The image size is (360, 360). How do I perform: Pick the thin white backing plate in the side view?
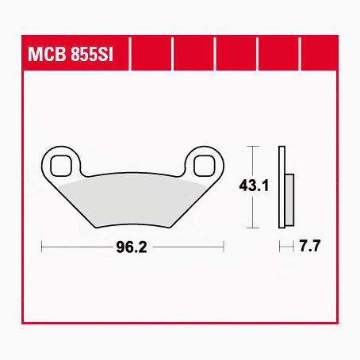coord(281,187)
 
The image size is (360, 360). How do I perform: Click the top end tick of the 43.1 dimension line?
coord(252,147)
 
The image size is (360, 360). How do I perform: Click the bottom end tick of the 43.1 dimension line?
coord(252,228)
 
